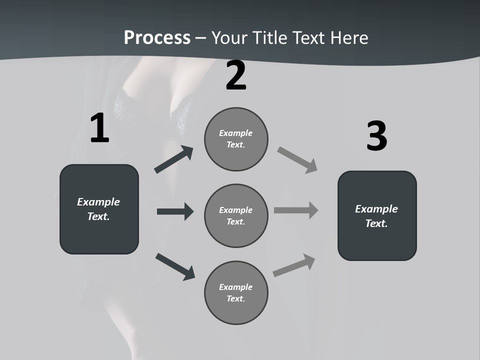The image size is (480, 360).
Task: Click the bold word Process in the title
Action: [157, 38]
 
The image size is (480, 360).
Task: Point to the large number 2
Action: [236, 76]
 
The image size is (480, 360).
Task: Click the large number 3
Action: [376, 136]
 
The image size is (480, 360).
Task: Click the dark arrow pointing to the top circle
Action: [173, 160]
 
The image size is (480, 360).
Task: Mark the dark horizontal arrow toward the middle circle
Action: [175, 211]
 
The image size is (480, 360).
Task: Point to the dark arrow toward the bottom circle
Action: [175, 266]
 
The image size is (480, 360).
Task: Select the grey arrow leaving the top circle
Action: [297, 160]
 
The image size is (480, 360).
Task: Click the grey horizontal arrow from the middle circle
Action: [296, 210]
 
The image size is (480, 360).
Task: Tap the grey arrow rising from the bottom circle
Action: [294, 265]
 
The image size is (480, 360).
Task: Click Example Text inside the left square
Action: [98, 209]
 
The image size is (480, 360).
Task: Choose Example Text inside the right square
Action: [376, 216]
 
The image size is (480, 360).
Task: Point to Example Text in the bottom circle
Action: [236, 292]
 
